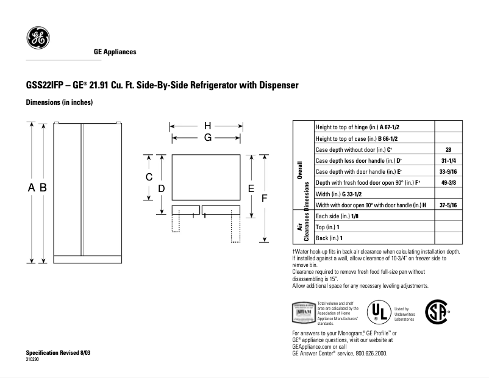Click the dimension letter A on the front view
(32, 189)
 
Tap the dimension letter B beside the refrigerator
(43, 189)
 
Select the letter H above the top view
(208, 126)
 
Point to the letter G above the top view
(208, 138)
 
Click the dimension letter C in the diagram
(148, 177)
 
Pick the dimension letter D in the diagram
(162, 189)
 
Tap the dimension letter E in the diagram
(251, 189)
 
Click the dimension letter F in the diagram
(264, 199)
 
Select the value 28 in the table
(448, 149)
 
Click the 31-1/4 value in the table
(448, 160)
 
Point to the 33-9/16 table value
(448, 171)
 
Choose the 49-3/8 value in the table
(448, 182)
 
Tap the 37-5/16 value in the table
(448, 205)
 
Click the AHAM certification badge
(304, 312)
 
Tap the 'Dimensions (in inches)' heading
(59, 102)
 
